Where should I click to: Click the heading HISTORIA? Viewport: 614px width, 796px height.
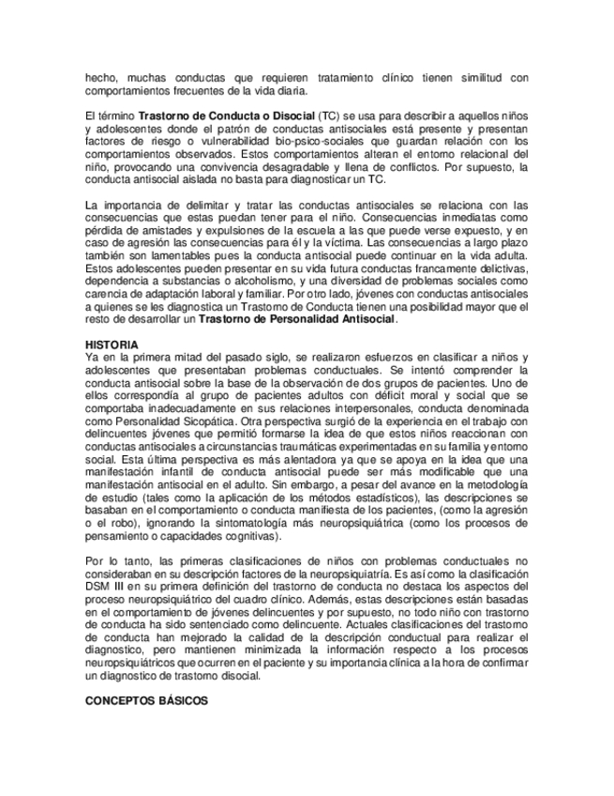click(112, 344)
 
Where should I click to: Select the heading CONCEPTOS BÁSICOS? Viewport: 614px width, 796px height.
click(146, 700)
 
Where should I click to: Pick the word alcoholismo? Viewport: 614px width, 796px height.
click(262, 280)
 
